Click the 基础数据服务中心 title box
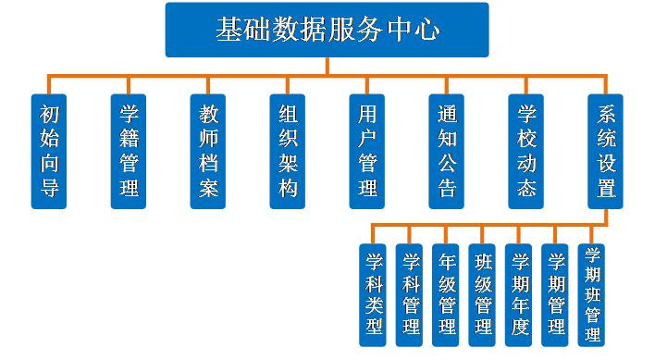coord(327,30)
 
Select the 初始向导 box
coord(49,151)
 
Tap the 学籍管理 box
coord(129,151)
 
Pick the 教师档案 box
coord(208,151)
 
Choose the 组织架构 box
coord(288,151)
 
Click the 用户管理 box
coord(367,151)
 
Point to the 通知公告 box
coord(447,151)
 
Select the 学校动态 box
coord(526,151)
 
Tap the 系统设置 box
coord(606,151)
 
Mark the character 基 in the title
coord(229,30)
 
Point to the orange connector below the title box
coord(327,65)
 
